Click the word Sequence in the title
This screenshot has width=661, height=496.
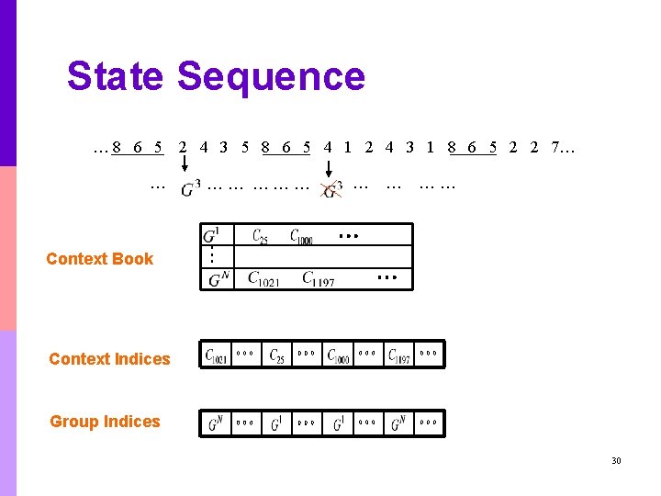pos(271,77)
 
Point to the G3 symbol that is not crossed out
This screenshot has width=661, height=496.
pos(190,189)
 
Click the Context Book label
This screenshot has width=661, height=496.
pos(99,259)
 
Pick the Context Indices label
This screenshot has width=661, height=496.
pos(109,359)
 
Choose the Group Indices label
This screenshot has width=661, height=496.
pos(105,422)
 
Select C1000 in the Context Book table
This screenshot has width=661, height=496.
pos(302,237)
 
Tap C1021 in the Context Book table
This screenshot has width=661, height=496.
pos(264,278)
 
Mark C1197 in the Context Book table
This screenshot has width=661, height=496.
pos(319,278)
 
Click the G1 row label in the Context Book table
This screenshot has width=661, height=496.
pos(215,235)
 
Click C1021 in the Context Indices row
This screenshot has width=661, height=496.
pos(217,355)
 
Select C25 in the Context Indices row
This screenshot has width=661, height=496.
pos(277,355)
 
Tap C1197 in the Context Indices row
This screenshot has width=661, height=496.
pos(399,355)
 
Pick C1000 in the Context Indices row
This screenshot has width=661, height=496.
pos(339,355)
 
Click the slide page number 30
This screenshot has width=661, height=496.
pos(616,460)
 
